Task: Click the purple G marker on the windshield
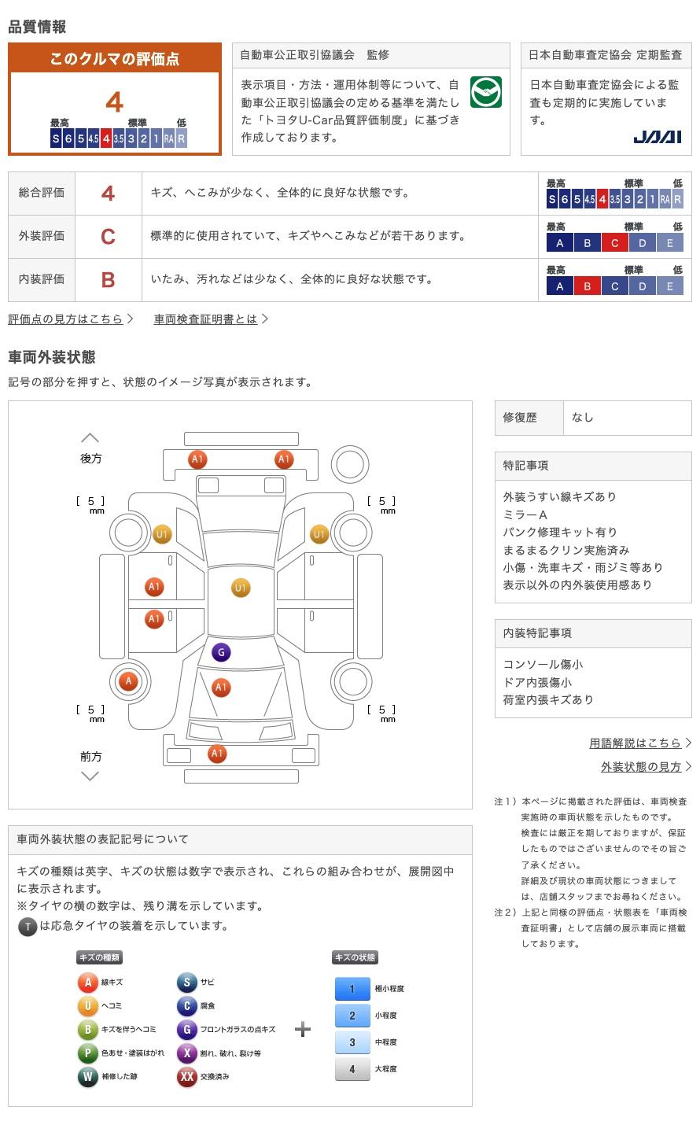click(x=221, y=652)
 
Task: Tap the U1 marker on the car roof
click(x=241, y=588)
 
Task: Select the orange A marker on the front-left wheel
click(x=128, y=680)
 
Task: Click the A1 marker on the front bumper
click(x=216, y=753)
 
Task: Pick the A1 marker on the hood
click(x=221, y=687)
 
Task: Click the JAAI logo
click(x=658, y=137)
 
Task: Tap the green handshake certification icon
click(x=486, y=92)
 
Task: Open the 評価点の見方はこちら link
click(x=65, y=319)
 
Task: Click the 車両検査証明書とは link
click(x=205, y=319)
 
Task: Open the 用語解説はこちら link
click(x=635, y=743)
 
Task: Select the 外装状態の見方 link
click(x=641, y=767)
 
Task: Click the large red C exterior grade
click(x=108, y=237)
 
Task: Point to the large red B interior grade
click(x=108, y=280)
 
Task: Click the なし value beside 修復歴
click(x=583, y=418)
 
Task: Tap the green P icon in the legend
click(x=87, y=1053)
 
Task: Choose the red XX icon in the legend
click(x=186, y=1076)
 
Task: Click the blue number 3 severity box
click(x=352, y=1042)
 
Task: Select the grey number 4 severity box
click(x=352, y=1068)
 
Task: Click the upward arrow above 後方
click(x=90, y=437)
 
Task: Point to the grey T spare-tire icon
click(x=28, y=927)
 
